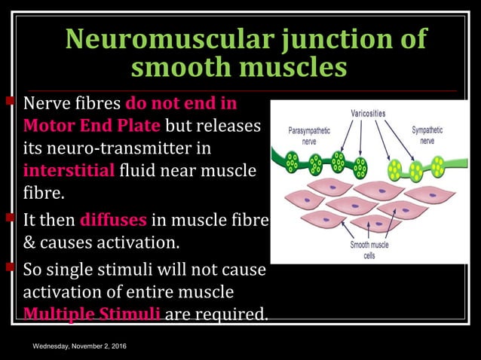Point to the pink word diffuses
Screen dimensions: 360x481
[114, 221]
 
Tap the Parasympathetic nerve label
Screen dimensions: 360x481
[308, 135]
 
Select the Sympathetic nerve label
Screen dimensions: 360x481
[427, 135]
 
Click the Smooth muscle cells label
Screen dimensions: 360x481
[369, 250]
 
